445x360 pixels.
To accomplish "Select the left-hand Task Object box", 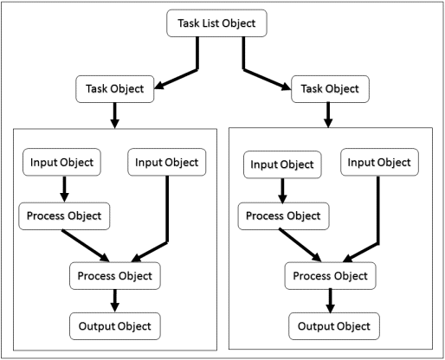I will point(116,88).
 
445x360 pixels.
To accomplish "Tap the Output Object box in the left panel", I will point(115,325).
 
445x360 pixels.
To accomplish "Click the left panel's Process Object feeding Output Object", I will point(115,276).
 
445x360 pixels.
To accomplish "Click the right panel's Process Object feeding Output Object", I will point(331,277).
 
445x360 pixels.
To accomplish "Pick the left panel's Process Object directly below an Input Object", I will point(64,215).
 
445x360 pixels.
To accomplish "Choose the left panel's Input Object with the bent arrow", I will point(167,162).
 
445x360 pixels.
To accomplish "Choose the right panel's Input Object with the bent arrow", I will point(381,162).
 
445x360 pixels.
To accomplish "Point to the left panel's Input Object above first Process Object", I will point(64,162).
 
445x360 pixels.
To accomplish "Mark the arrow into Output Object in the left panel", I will point(115,300).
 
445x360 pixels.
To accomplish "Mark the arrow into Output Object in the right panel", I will point(331,301).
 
